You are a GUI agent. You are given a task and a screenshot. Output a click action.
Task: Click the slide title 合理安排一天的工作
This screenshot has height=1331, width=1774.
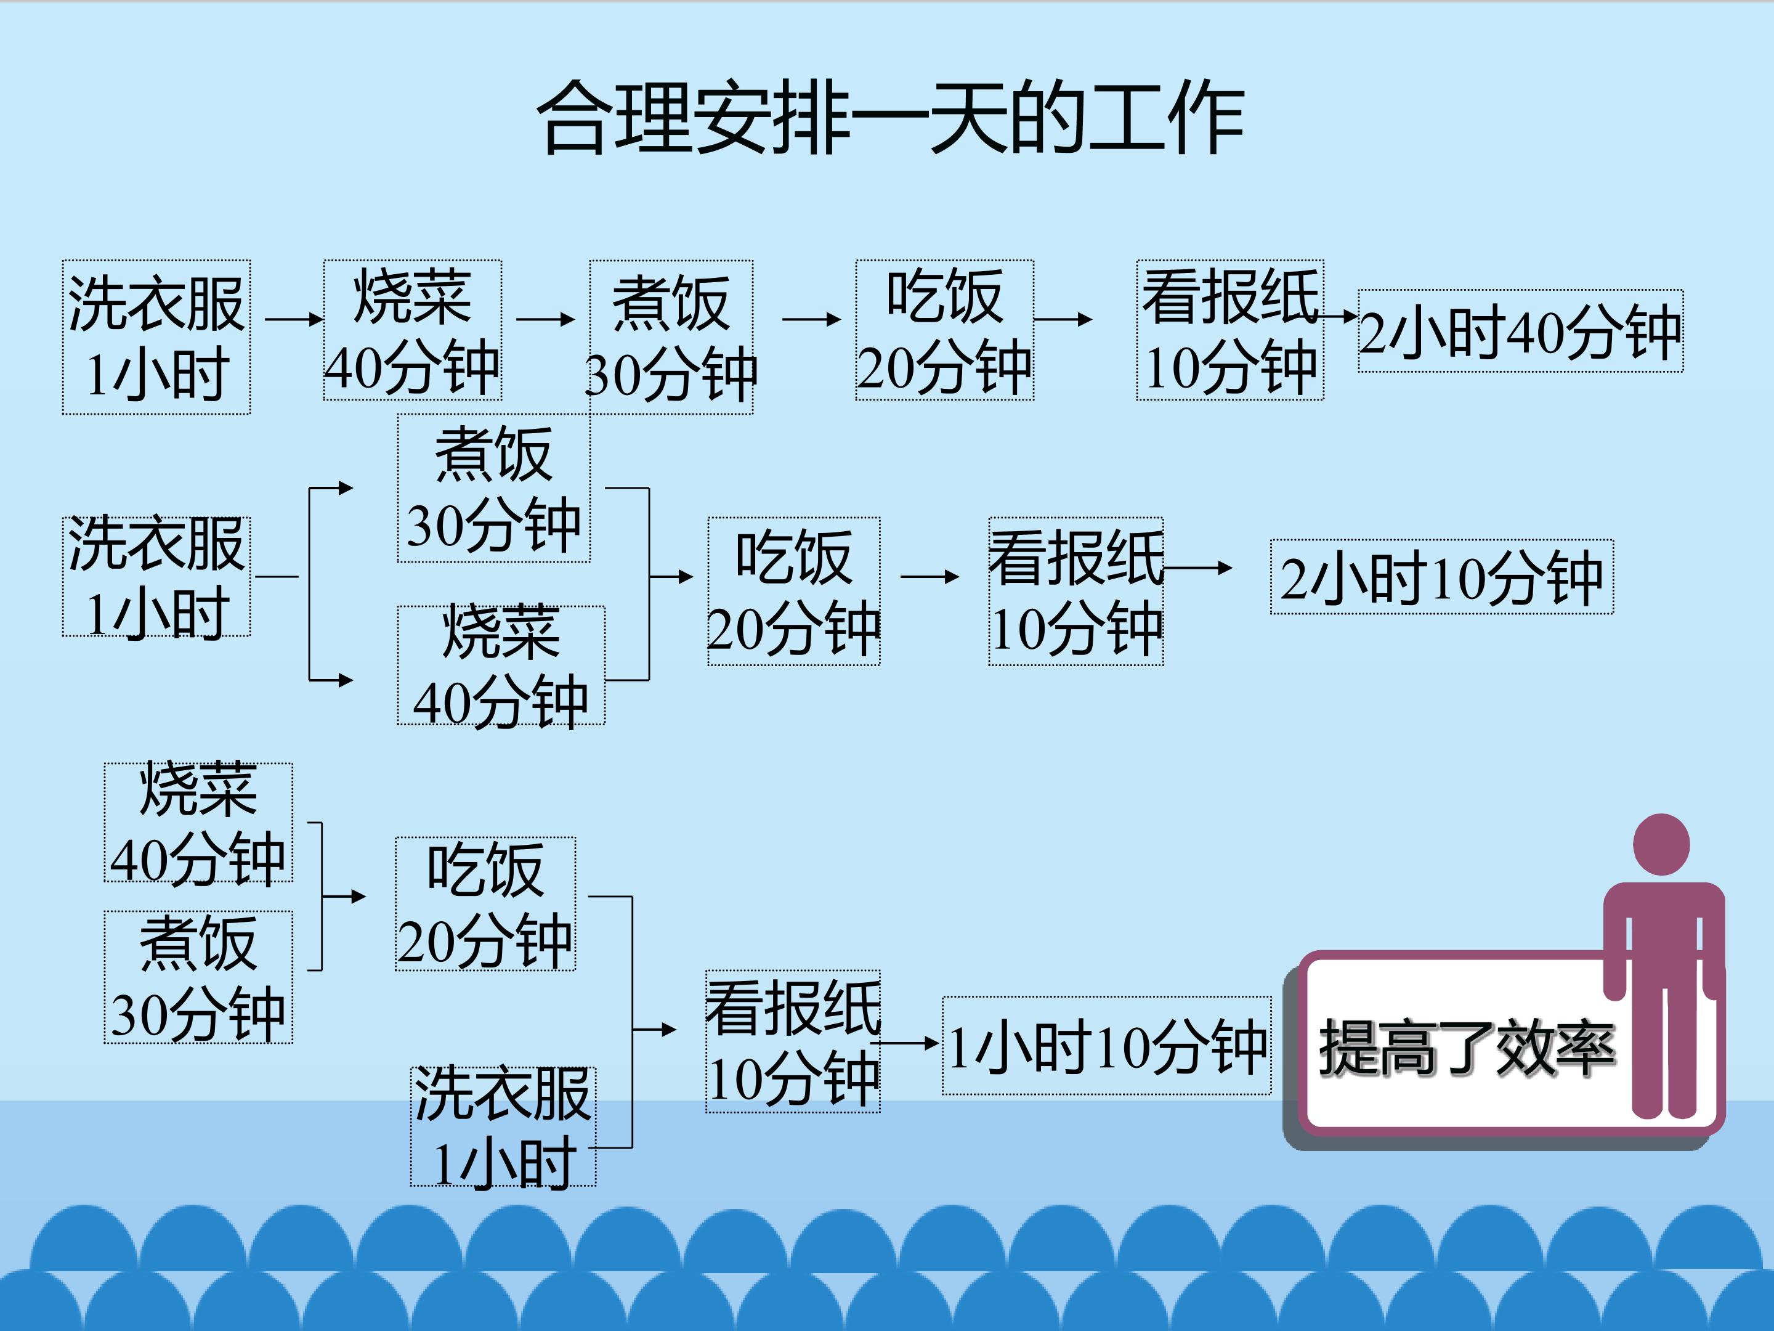tap(890, 119)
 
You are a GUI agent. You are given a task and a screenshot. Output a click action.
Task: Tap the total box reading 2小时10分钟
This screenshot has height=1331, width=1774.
tap(1442, 577)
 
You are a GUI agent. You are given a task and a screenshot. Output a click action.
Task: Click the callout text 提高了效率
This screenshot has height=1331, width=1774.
tap(1467, 1048)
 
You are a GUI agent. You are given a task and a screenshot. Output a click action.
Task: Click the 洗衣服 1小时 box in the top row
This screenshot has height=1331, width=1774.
tap(156, 337)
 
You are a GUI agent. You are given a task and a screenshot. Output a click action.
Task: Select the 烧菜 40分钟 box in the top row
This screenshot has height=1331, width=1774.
tap(412, 330)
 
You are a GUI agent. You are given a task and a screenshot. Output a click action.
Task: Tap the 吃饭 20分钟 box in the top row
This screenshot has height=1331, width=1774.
tap(945, 330)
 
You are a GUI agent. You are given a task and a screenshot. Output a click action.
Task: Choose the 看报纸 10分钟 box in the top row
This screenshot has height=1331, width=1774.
tap(1230, 330)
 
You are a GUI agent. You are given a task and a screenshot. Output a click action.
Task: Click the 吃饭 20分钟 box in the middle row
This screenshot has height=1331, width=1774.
tap(794, 592)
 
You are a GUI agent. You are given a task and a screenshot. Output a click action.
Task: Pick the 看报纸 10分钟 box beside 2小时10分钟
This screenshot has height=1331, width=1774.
tap(1076, 592)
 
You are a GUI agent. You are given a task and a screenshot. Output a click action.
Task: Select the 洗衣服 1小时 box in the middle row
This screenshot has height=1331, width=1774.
tap(156, 577)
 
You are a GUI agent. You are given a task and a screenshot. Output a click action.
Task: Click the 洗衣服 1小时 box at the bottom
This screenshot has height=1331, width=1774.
tap(503, 1126)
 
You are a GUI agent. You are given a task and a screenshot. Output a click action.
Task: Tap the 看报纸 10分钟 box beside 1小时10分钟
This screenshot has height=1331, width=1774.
tap(793, 1041)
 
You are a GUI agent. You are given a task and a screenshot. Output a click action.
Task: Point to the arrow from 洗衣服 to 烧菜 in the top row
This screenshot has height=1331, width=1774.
tap(294, 319)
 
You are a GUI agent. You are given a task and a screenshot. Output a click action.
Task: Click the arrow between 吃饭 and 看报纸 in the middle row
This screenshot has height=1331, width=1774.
tap(930, 577)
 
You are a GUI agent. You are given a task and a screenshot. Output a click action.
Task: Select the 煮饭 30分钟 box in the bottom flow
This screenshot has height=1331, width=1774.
tap(198, 977)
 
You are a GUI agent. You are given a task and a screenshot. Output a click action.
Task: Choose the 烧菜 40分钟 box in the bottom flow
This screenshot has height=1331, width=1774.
tap(198, 823)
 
